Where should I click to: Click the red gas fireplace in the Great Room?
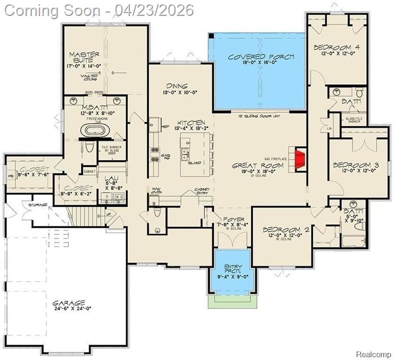click(298, 156)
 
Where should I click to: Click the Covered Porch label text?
click(261, 57)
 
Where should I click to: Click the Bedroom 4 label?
click(336, 47)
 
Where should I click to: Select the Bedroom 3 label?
click(356, 165)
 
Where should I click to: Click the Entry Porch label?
click(233, 269)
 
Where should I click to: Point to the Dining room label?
click(177, 86)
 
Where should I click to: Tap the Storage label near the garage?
click(37, 205)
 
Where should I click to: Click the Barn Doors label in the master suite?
click(94, 92)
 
